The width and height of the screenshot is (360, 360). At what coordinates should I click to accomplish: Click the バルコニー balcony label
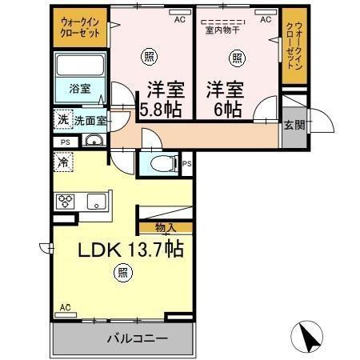(x=137, y=338)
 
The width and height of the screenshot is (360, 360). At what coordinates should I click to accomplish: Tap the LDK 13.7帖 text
(x=130, y=250)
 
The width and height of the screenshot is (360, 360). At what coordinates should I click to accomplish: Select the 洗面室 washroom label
(x=91, y=120)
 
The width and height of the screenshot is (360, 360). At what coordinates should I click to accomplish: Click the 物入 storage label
(x=166, y=228)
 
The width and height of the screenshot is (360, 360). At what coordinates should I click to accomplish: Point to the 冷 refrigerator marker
(x=62, y=162)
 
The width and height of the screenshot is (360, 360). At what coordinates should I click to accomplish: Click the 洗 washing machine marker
(x=62, y=120)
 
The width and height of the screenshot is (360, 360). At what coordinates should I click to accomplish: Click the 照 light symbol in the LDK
(x=122, y=273)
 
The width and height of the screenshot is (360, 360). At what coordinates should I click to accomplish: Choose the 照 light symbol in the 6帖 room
(x=237, y=57)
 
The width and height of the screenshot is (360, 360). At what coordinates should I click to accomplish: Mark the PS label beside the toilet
(x=186, y=165)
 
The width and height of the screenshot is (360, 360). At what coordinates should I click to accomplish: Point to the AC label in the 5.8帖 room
(x=179, y=19)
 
